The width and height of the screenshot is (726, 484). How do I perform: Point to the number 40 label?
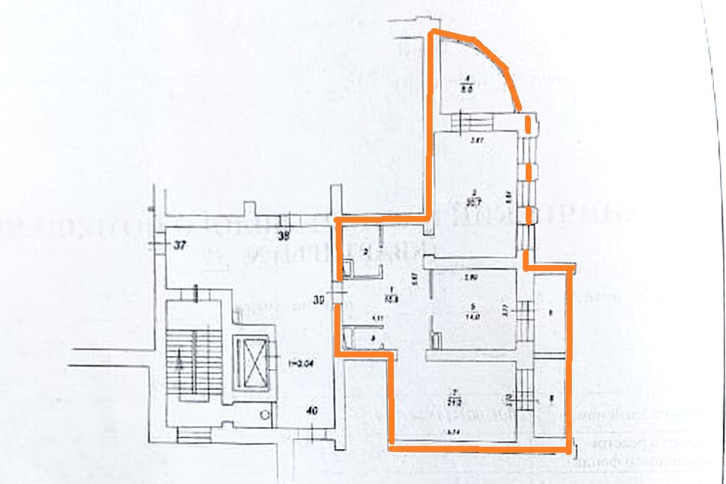(313, 410)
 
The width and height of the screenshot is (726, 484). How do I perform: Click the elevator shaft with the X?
(251, 364)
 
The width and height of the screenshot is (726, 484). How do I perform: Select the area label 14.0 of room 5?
(472, 314)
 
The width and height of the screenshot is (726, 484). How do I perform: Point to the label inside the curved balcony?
(468, 83)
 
